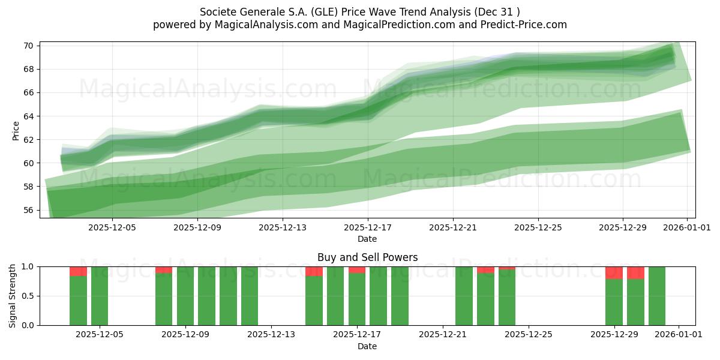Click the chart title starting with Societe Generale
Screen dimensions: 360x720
click(360, 11)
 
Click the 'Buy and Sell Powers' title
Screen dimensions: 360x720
click(367, 257)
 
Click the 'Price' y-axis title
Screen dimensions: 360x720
click(16, 131)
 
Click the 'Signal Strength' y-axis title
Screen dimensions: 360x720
click(13, 296)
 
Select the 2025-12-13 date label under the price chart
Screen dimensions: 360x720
click(283, 227)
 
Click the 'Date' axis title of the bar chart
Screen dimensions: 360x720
click(367, 346)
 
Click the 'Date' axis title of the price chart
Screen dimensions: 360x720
click(367, 239)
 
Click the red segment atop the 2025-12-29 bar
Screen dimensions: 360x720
click(614, 272)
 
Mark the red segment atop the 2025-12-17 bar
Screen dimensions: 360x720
click(357, 270)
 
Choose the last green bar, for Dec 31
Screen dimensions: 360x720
click(657, 296)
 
